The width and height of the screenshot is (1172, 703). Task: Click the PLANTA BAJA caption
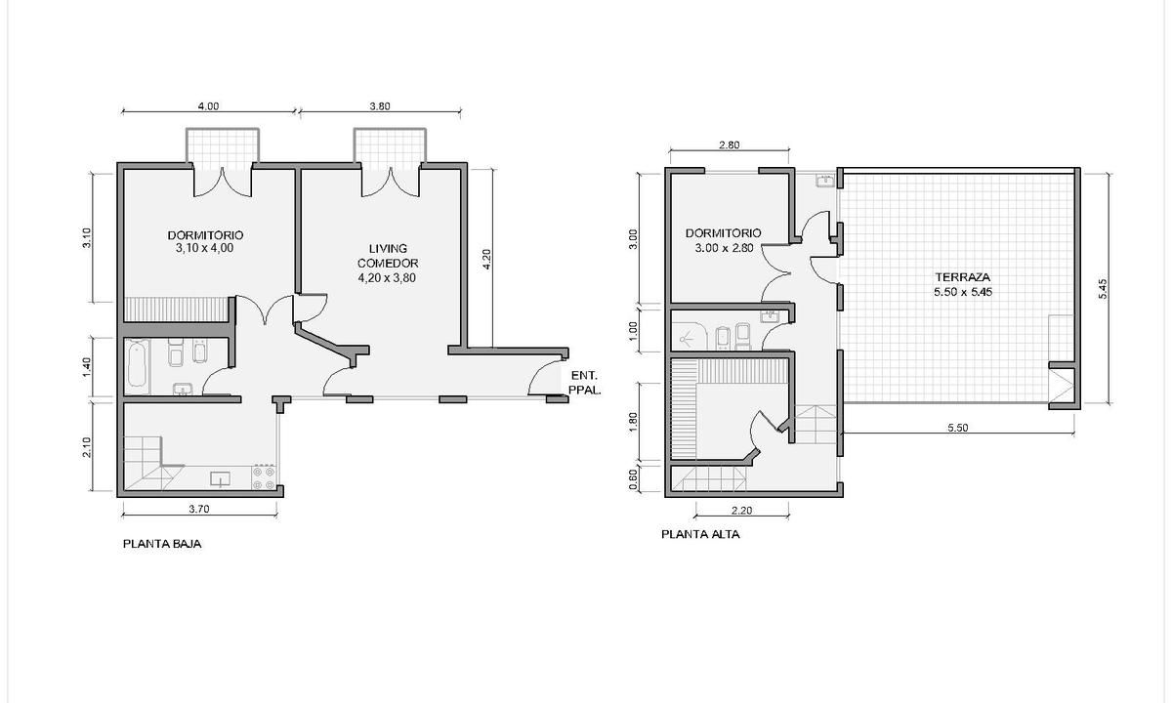[162, 544]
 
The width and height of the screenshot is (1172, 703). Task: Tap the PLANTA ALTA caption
[700, 535]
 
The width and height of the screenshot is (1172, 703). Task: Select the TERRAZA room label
[963, 277]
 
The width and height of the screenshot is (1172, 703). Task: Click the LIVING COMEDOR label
[388, 256]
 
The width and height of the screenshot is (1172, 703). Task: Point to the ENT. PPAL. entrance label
[584, 383]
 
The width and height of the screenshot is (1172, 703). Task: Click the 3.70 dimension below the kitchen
[199, 509]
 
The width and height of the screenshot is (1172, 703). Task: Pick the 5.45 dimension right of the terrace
[1103, 289]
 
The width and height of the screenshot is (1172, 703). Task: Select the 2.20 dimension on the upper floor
[741, 511]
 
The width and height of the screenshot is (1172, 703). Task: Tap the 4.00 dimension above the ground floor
[208, 106]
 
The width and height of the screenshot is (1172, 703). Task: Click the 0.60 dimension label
[633, 479]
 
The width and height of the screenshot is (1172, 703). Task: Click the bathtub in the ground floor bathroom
[138, 366]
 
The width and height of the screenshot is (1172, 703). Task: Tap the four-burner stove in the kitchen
[264, 477]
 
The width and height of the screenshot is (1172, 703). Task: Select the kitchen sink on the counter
[220, 479]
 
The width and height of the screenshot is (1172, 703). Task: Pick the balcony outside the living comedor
[390, 145]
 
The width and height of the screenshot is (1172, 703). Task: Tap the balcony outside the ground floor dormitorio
[223, 145]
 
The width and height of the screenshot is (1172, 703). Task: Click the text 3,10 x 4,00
[204, 248]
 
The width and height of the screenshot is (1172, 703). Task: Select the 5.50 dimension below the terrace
[958, 428]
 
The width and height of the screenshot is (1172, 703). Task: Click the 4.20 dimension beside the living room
[486, 259]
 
